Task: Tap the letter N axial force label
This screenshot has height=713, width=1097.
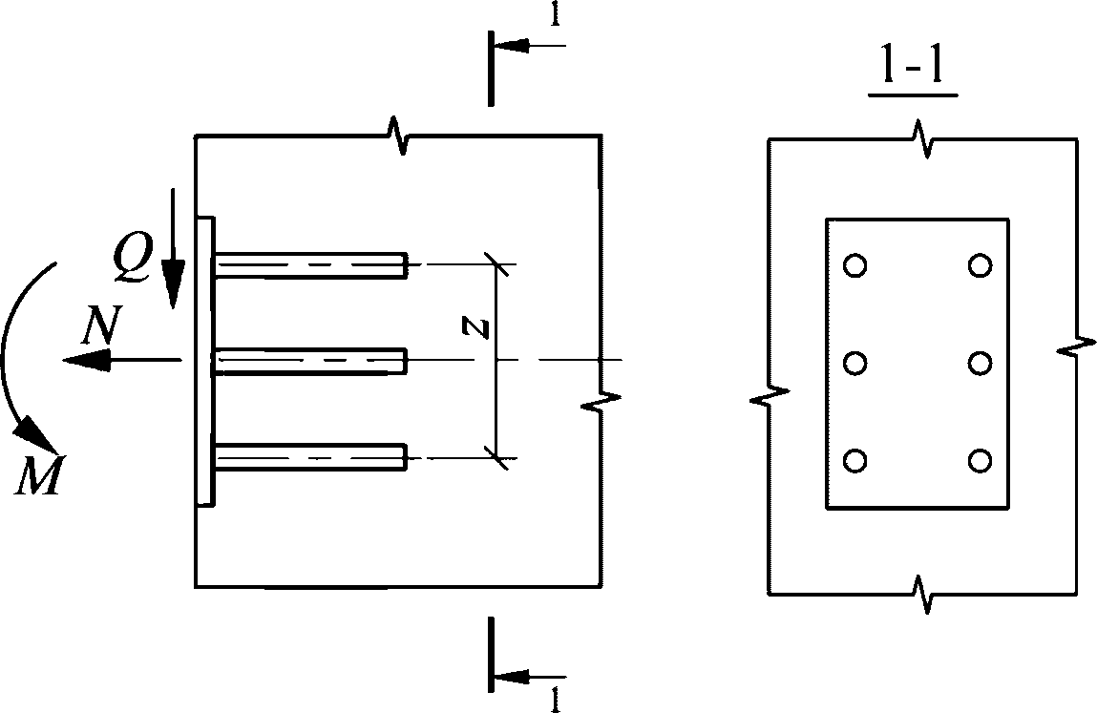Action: tap(102, 325)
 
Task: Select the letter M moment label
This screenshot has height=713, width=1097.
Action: tap(39, 475)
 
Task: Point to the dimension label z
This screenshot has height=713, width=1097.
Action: tap(477, 326)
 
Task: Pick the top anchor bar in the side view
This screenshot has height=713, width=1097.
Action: tap(311, 265)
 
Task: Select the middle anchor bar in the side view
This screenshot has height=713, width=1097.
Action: tap(311, 361)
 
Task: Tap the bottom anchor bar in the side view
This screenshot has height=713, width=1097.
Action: tap(311, 457)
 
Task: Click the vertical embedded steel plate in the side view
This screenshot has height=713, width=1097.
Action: tap(205, 361)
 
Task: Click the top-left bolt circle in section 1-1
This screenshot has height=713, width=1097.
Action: tap(855, 265)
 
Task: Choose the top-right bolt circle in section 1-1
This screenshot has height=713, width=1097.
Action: tap(980, 265)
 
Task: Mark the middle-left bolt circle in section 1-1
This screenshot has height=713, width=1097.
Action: tap(855, 363)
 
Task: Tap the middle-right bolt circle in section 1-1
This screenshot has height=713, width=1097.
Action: tap(980, 363)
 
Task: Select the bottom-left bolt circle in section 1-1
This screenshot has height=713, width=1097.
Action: tap(855, 460)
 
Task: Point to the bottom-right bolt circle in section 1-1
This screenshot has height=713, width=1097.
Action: tap(980, 460)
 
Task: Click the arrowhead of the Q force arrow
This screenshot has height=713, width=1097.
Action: tap(172, 283)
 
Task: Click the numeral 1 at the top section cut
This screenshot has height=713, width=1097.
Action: tap(556, 15)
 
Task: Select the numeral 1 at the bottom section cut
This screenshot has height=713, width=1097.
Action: tap(556, 699)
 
